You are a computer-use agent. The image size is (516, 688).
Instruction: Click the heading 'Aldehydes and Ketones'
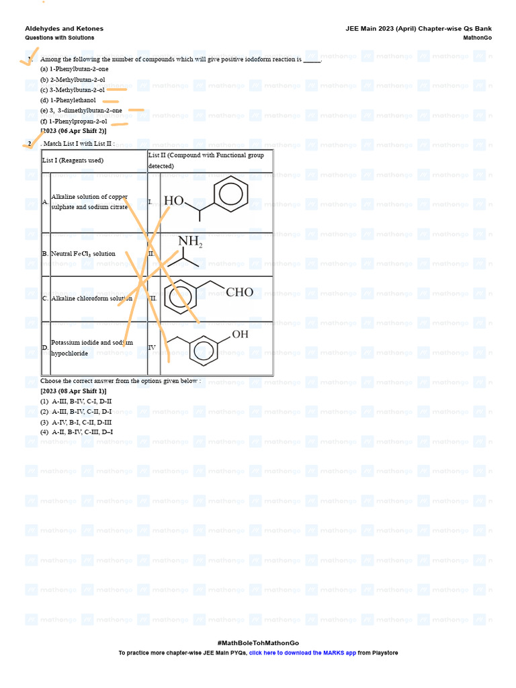(64, 29)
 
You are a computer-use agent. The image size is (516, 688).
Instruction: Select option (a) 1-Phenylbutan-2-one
(74, 69)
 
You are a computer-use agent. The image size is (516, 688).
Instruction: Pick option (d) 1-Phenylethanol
(68, 100)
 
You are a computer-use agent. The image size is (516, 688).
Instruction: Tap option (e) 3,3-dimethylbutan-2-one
(81, 110)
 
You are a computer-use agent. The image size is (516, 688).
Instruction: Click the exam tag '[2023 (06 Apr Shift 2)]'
(73, 131)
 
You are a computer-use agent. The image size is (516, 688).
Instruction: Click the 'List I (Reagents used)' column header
(73, 161)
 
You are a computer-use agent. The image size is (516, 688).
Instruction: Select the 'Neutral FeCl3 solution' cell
(83, 254)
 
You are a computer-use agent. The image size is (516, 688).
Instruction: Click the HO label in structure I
(173, 201)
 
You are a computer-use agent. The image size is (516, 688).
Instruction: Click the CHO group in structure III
(239, 292)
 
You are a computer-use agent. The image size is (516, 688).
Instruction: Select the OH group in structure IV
(240, 335)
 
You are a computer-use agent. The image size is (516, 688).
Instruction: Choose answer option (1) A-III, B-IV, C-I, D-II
(76, 401)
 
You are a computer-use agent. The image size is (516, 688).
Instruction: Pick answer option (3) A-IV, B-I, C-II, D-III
(76, 421)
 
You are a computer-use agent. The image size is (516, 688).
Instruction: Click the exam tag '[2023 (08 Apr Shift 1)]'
(73, 391)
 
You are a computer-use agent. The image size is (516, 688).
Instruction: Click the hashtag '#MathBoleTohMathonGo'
(258, 643)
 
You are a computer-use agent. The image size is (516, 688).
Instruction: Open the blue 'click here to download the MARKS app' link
(302, 652)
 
